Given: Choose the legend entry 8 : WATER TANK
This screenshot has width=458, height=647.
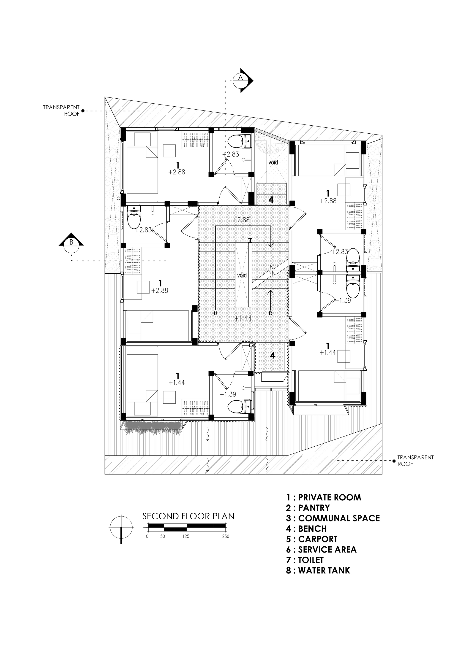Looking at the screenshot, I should pos(318,570).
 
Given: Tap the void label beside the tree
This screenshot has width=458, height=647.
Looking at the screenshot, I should pos(273,162).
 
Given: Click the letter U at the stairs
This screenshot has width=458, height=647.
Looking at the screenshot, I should pos(215,313).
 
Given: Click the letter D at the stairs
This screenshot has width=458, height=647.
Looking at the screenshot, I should pos(270,313).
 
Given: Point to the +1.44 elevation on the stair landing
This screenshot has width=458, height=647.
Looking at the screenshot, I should pos(243,318).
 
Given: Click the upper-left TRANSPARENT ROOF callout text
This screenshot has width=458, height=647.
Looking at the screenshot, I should pos(61,111).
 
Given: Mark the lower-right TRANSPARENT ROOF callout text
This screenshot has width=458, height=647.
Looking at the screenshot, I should pos(415,461).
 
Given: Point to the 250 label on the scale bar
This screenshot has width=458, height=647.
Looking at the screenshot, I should pos(226,536).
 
